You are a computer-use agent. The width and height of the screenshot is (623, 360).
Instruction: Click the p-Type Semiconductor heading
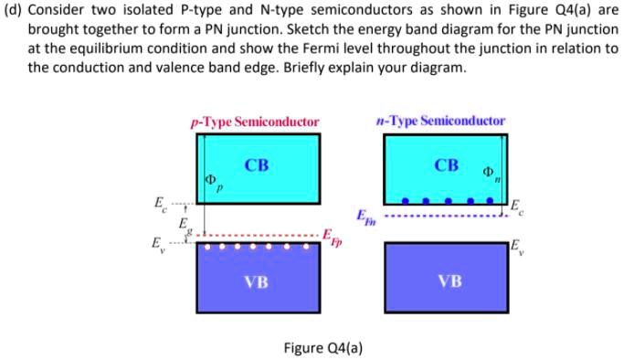[x=255, y=121]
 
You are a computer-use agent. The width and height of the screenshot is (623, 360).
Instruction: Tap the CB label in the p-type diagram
[x=257, y=165]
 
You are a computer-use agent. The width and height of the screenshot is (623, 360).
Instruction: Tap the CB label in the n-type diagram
[x=447, y=165]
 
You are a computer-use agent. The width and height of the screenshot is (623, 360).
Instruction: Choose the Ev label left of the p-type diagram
[x=156, y=244]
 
